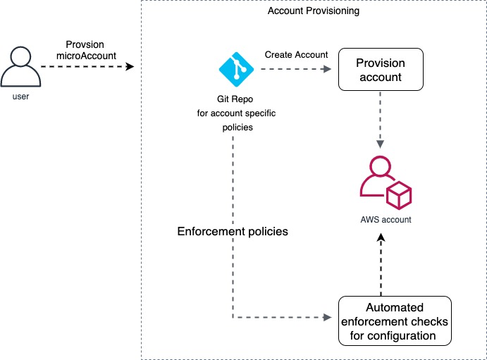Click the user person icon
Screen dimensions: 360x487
20,67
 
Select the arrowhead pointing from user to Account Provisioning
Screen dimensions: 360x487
130,68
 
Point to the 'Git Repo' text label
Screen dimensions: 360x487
236,99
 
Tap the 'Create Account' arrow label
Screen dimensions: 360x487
296,55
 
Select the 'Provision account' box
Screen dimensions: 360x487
381,69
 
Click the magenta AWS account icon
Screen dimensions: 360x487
385,182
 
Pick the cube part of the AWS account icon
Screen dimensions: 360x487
398,194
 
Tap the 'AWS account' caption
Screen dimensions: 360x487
385,220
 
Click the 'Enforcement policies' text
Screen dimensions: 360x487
232,231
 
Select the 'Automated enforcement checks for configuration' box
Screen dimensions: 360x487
395,321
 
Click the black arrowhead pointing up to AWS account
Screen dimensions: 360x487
381,240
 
